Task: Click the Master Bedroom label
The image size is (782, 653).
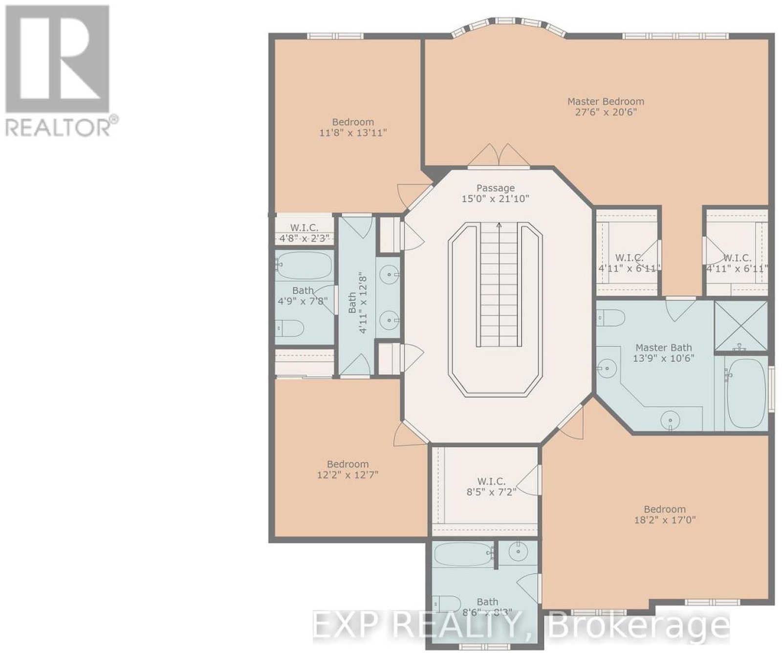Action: [606, 102]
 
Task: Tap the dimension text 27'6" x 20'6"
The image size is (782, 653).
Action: [606, 112]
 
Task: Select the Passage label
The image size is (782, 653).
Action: [496, 188]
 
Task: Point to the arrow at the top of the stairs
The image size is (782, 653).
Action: [499, 225]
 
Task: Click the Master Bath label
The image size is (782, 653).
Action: [664, 348]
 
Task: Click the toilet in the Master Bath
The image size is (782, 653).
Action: [610, 319]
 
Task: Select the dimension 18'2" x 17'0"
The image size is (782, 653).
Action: [664, 520]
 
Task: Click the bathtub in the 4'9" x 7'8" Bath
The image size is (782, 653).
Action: [304, 266]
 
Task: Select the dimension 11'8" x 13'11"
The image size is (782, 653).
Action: [353, 132]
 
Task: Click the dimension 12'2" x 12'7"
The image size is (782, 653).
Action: [348, 475]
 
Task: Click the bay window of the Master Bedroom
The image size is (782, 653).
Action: [508, 27]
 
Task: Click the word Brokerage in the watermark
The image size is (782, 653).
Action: [638, 626]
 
